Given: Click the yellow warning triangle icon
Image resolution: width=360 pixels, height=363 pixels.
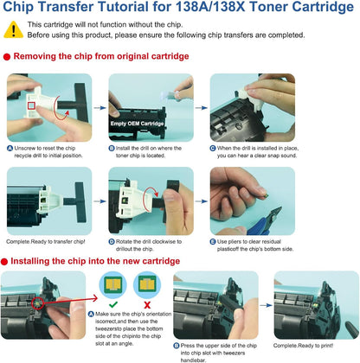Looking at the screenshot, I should tap(14, 29).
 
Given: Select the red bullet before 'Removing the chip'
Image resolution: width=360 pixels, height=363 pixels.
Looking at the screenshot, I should tap(6, 57).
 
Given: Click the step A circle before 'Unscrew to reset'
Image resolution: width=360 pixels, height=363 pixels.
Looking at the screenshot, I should tap(8, 147).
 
